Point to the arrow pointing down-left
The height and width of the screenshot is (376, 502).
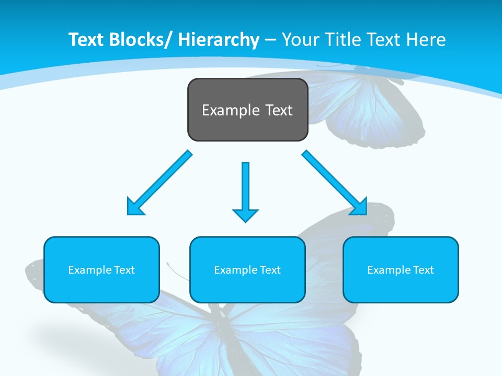(159, 183)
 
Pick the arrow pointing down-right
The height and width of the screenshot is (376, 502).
(335, 183)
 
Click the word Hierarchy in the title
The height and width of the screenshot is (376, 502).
(218, 40)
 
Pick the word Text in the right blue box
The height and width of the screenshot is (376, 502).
(423, 270)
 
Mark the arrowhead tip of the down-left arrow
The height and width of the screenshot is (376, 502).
(129, 214)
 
